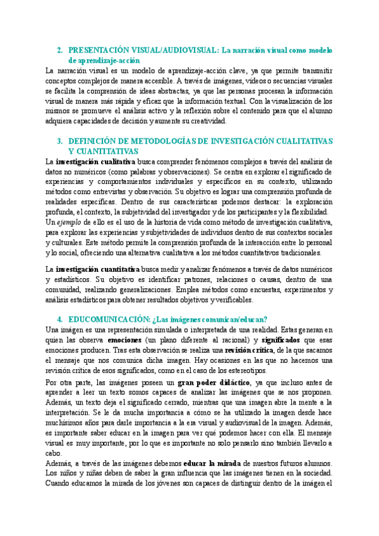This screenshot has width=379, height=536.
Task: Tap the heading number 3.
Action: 59,140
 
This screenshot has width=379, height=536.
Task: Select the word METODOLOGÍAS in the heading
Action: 153,140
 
